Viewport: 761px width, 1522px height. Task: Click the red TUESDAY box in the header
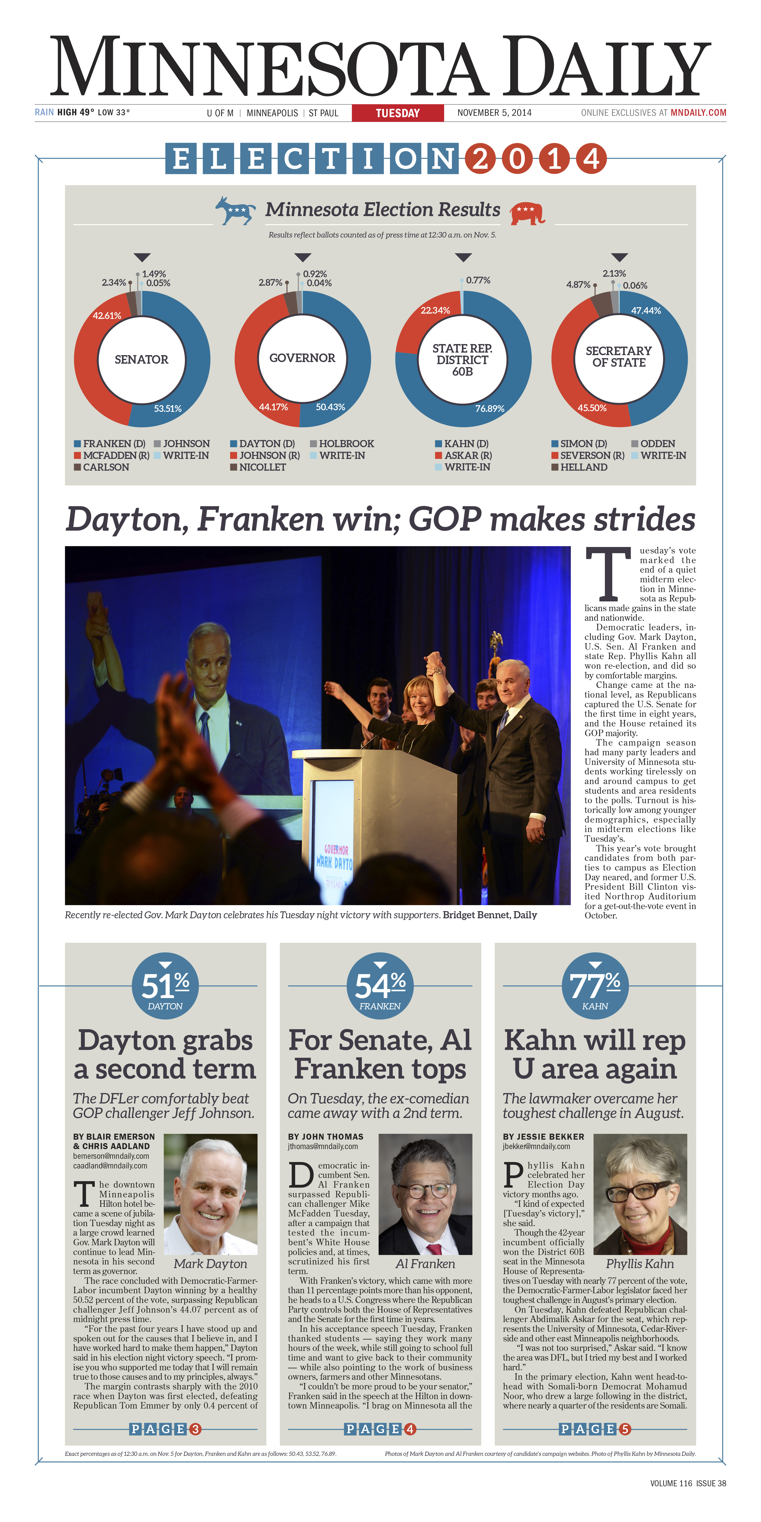(398, 113)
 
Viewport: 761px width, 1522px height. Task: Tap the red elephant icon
(527, 213)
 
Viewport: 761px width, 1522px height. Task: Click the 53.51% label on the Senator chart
(168, 408)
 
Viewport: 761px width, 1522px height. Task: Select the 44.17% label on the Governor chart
(273, 407)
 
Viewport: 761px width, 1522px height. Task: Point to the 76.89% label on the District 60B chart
(490, 408)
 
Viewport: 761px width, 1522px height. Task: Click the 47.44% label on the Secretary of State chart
(646, 311)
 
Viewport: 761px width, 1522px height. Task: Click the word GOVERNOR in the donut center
(302, 358)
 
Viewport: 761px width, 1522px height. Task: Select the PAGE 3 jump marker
(165, 1429)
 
